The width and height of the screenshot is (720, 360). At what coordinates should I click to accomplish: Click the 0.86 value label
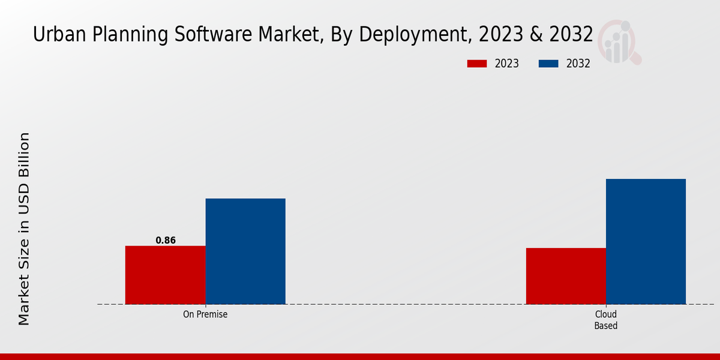tap(166, 240)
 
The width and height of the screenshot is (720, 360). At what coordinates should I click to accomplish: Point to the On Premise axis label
tap(205, 314)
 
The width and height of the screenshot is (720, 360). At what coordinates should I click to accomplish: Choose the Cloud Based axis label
tap(605, 320)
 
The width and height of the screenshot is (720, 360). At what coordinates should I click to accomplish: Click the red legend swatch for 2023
tap(477, 64)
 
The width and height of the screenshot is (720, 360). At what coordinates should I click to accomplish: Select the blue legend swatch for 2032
tap(549, 64)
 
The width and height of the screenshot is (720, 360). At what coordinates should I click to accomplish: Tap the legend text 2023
tap(507, 64)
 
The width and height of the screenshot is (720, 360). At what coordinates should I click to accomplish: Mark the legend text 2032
tap(578, 64)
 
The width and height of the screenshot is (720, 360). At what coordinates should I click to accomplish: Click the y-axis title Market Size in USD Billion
tap(24, 229)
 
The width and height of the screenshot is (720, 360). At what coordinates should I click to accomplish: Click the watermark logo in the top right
tap(618, 41)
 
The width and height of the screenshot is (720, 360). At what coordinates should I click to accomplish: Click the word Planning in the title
tap(115, 35)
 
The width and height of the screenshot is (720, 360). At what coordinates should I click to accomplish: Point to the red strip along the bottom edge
tap(360, 356)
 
